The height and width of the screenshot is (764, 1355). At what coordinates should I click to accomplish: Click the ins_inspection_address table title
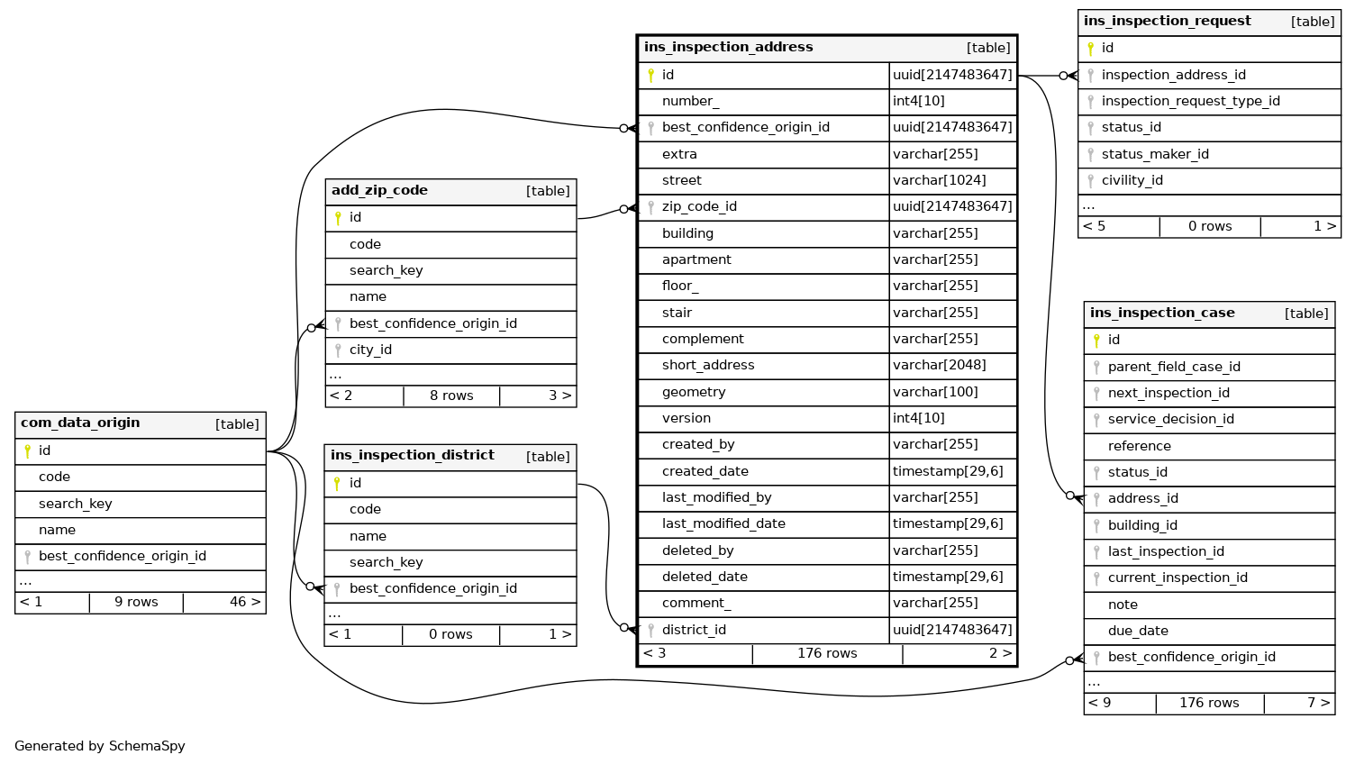(728, 48)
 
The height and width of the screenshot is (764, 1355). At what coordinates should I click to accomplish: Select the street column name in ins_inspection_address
(681, 180)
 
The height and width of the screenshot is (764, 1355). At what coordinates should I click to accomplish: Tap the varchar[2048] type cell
(939, 365)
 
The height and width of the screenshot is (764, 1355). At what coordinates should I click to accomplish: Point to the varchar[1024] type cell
(939, 180)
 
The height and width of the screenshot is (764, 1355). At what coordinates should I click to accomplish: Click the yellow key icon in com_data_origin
(27, 450)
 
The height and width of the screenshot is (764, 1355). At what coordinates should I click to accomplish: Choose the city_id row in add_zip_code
(370, 350)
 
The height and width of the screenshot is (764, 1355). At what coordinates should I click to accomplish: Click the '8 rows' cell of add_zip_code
(451, 396)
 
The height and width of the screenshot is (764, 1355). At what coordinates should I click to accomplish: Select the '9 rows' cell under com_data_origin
(136, 602)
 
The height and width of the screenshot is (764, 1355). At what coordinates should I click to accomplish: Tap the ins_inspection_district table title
(412, 456)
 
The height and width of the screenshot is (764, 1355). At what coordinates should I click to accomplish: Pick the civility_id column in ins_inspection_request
(1132, 180)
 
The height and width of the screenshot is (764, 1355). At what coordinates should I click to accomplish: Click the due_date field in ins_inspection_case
(1138, 631)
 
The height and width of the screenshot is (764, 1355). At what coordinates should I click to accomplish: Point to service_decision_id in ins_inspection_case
(1170, 419)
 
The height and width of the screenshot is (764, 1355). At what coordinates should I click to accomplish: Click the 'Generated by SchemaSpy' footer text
(100, 746)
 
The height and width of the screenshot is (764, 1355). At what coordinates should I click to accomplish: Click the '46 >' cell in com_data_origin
(244, 602)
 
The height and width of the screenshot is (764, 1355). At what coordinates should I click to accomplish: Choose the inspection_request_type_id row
(1190, 101)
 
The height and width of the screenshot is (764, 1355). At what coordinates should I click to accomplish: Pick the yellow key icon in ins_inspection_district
(337, 483)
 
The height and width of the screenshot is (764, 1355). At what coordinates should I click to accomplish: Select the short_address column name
(707, 365)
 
